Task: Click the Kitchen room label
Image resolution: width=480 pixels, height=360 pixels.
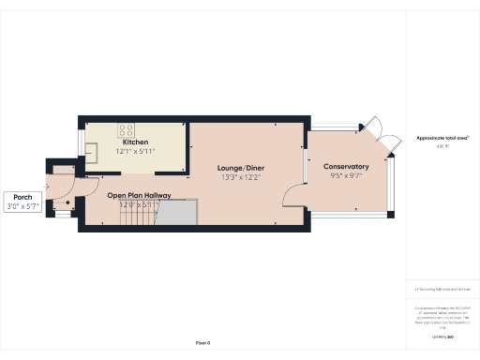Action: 135,142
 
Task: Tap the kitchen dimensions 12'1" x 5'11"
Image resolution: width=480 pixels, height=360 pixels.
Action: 135,151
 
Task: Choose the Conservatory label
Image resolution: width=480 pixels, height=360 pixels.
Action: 347,167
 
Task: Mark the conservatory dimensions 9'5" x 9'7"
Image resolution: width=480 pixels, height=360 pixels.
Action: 347,176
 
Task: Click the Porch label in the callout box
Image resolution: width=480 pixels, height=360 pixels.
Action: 22,196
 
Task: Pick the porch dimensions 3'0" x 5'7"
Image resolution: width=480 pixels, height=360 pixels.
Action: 22,205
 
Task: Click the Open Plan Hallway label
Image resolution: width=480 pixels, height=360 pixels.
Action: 138,195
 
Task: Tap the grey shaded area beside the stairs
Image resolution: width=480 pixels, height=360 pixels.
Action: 176,212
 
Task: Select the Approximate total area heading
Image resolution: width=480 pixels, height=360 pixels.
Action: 442,138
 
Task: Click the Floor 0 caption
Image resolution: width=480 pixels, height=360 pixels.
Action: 202,343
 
